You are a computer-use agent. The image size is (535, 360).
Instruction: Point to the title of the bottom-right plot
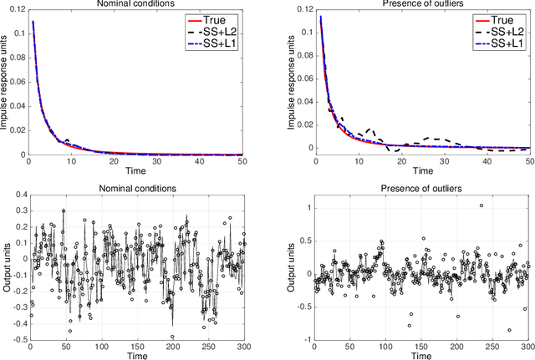click(x=415, y=189)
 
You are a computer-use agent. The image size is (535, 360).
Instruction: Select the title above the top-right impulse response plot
click(x=415, y=3)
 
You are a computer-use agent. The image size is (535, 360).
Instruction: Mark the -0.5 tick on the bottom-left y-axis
click(x=18, y=339)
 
